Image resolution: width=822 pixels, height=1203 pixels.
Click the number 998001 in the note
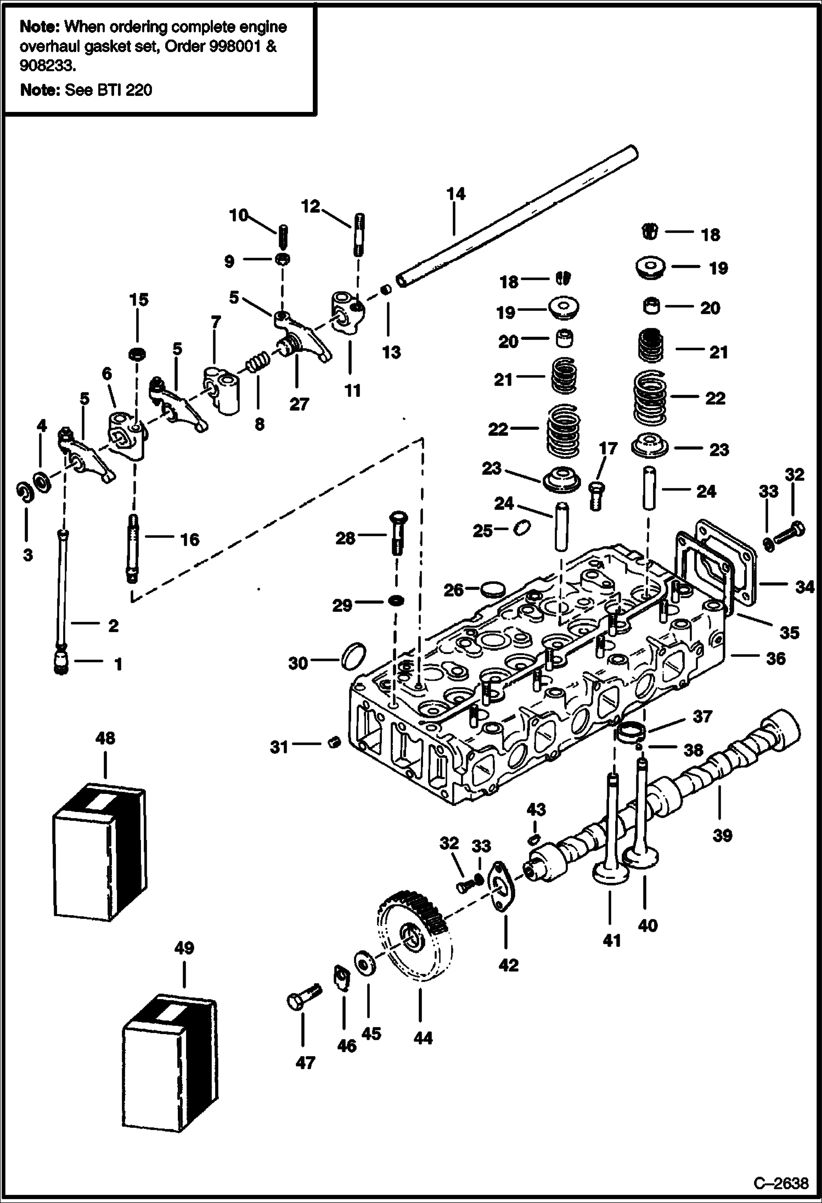click(x=234, y=46)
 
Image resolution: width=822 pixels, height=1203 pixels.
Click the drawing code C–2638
click(x=780, y=1183)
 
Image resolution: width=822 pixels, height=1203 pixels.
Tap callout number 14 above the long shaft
click(x=455, y=194)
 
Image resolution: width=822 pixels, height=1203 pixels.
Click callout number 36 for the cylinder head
click(x=775, y=658)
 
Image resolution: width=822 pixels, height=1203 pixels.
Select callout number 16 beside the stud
click(x=190, y=540)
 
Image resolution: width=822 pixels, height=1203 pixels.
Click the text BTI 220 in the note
click(x=126, y=89)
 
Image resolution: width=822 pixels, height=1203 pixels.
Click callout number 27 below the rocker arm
click(x=299, y=404)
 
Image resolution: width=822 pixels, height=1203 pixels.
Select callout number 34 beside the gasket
click(x=804, y=587)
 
